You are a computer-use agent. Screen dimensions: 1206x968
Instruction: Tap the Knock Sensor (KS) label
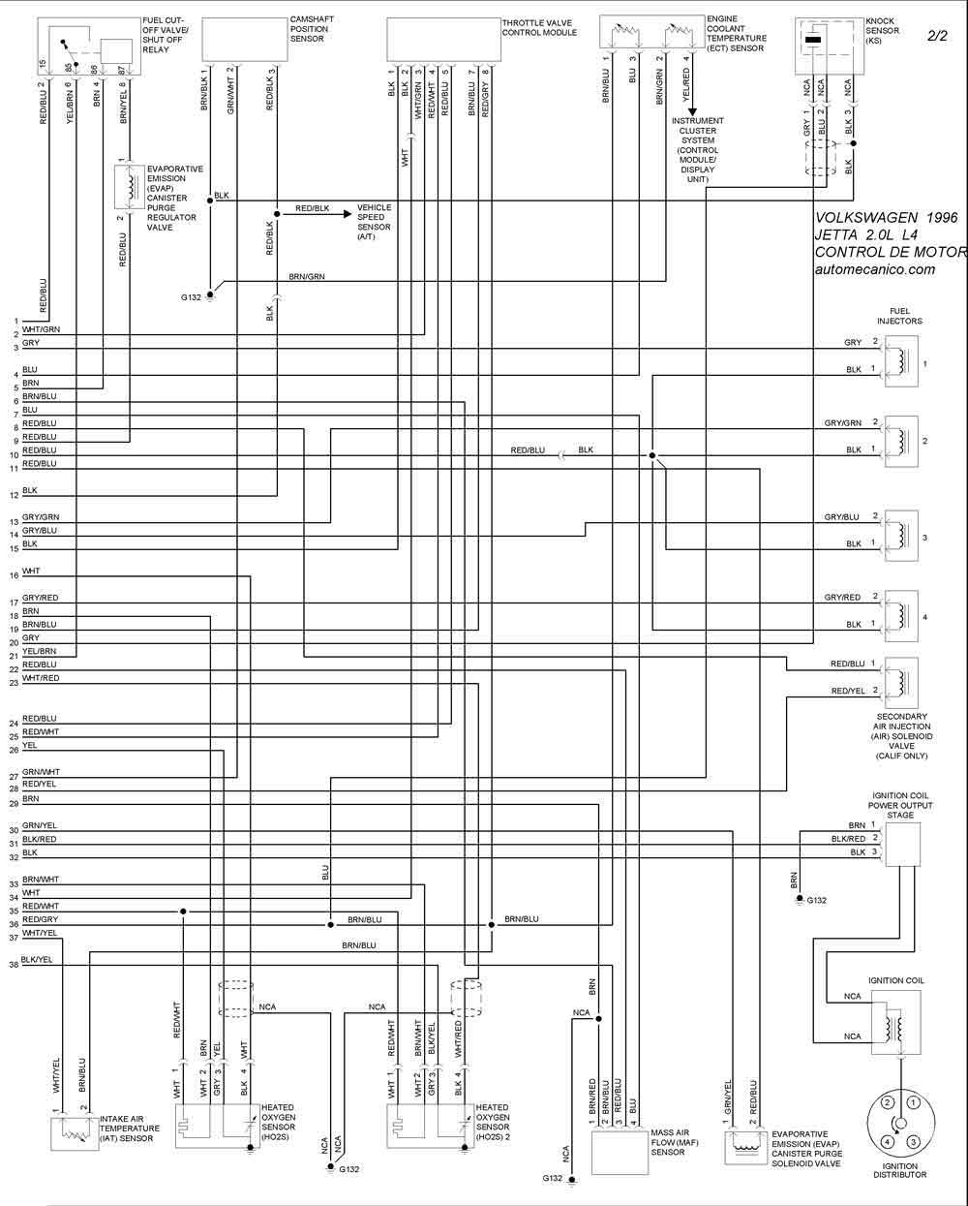click(883, 30)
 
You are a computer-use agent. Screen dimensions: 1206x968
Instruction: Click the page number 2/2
click(938, 36)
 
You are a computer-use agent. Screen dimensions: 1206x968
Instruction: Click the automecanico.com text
click(875, 269)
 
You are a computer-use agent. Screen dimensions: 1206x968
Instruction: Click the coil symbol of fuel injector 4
click(901, 616)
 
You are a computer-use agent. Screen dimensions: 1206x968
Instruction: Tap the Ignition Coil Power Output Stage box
click(901, 844)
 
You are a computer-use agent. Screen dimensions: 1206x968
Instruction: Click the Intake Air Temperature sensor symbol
click(75, 1131)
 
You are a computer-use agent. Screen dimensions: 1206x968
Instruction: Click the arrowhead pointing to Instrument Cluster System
click(692, 112)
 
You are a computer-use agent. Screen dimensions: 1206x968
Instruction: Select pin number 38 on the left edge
click(14, 965)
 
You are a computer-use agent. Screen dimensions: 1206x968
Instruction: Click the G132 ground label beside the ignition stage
click(817, 901)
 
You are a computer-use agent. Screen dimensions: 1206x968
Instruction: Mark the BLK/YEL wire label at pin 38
click(37, 959)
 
